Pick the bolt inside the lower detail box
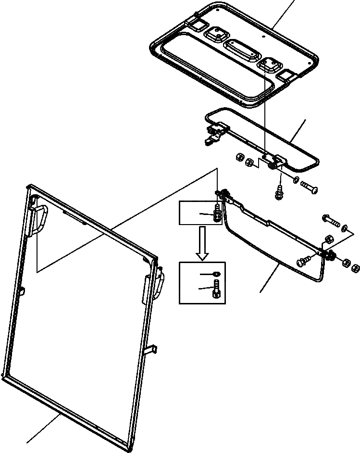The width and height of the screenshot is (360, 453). [216, 291]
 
